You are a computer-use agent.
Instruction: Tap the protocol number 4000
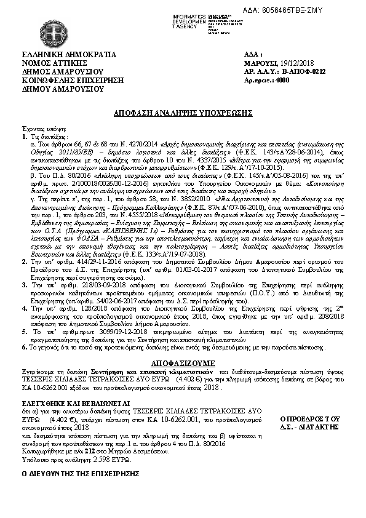[x=282, y=80]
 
